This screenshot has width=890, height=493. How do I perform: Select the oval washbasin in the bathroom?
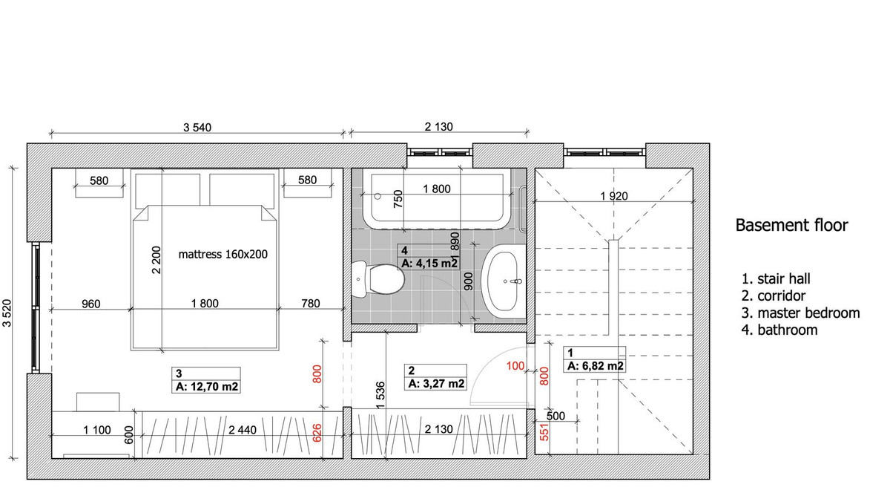(x=502, y=281)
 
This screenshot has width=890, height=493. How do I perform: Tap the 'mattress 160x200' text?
(x=223, y=254)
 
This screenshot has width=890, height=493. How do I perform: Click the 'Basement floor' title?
(x=791, y=225)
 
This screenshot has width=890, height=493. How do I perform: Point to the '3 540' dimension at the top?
(x=197, y=127)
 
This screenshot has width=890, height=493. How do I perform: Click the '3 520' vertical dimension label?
(x=7, y=313)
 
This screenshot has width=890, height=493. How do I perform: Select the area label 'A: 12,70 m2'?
(x=207, y=386)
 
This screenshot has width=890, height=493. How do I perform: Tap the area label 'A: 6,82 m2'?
(x=595, y=366)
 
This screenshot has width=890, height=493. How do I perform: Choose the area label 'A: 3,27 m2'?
(x=436, y=384)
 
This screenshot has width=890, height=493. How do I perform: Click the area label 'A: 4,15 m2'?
(x=429, y=263)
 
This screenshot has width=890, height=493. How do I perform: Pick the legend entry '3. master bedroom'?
(x=800, y=313)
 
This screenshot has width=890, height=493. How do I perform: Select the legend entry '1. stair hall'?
(x=776, y=279)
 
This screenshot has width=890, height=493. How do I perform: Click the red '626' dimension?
(x=317, y=433)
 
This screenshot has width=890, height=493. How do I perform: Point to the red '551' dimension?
(x=544, y=431)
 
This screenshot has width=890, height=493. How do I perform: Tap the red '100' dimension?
(x=515, y=366)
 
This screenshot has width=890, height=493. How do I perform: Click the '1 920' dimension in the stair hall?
(x=614, y=196)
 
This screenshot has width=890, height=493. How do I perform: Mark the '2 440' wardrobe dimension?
(x=243, y=430)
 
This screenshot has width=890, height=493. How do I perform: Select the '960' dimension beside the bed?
(x=91, y=304)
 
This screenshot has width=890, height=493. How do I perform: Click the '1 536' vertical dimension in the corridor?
(x=380, y=396)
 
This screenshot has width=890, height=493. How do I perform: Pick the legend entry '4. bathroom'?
(x=779, y=330)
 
